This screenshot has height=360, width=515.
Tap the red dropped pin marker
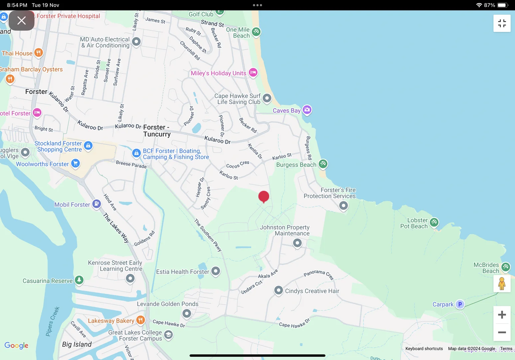tap(263, 197)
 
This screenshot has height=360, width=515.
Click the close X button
tap(22, 21)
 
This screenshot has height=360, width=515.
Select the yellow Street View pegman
tap(502, 284)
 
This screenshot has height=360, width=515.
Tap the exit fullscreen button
tap(502, 23)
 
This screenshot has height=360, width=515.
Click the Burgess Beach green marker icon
tap(323, 164)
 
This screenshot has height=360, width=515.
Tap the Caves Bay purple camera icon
tap(307, 110)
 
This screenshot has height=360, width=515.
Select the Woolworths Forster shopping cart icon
tap(76, 163)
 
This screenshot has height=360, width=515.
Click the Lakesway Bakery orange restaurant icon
tap(141, 320)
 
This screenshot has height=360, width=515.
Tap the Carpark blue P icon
tap(460, 304)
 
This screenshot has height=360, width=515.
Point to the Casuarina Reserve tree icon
tap(79, 280)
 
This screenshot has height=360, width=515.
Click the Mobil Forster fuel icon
tap(96, 204)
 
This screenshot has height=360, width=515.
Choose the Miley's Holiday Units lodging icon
tap(253, 72)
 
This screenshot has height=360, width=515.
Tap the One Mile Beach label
tap(238, 33)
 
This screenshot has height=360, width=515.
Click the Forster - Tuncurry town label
tap(157, 131)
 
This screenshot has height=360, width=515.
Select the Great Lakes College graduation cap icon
tap(169, 334)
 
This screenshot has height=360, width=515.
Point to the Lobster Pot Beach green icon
tap(434, 222)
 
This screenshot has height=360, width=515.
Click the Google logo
tap(16, 346)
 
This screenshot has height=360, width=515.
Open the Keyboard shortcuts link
tap(424, 349)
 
